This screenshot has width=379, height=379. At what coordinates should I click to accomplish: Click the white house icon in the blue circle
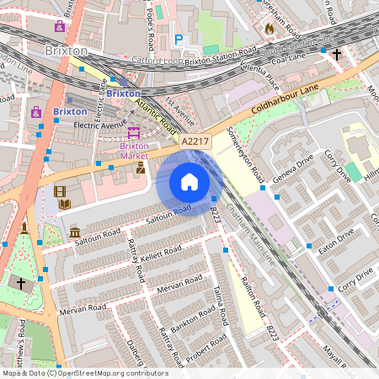coord(189,182)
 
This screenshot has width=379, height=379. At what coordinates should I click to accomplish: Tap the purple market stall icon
coord(133,132)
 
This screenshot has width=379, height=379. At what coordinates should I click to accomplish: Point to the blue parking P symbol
coord(178,39)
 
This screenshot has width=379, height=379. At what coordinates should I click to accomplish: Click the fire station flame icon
coord(270,29)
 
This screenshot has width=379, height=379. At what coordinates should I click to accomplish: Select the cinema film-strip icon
coord(60,191)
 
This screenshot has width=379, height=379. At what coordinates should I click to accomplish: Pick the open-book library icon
coord(65,204)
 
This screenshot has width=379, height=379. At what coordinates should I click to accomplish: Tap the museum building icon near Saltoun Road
coord(75,232)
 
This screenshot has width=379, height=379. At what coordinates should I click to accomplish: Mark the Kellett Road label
coord(161,252)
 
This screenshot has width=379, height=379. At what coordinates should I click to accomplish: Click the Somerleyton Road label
coord(245,157)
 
